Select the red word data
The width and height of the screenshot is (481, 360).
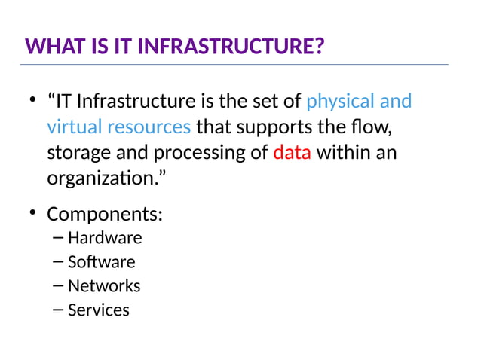292,153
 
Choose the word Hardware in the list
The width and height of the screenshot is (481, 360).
105,238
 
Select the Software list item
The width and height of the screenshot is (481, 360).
102,262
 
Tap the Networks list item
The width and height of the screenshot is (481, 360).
104,286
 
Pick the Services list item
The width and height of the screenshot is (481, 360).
99,310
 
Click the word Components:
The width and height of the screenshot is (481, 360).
105,214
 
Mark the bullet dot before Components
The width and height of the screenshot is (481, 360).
32,214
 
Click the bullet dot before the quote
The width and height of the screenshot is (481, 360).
32,101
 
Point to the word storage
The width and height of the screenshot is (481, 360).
78,153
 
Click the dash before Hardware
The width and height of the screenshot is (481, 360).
59,238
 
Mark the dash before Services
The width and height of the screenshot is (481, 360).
59,310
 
